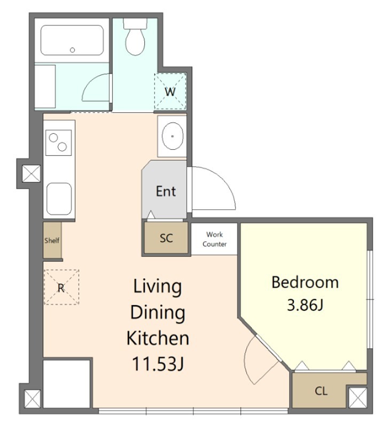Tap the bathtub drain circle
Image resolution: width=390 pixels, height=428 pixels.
pyautogui.click(x=72, y=50)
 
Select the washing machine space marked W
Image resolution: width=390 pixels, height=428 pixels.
pyautogui.click(x=170, y=91)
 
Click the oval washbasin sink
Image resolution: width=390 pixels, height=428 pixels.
pyautogui.click(x=172, y=136)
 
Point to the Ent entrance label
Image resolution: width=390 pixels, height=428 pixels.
pyautogui.click(x=166, y=191)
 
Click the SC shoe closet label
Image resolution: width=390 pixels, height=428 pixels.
pyautogui.click(x=166, y=238)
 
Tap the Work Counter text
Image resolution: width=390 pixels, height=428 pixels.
pyautogui.click(x=214, y=239)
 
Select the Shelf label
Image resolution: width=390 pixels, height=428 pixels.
pyautogui.click(x=52, y=240)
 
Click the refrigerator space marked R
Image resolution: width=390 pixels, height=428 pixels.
pyautogui.click(x=61, y=287)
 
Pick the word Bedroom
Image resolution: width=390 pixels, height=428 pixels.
pyautogui.click(x=305, y=282)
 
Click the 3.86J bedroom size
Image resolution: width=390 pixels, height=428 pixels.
pyautogui.click(x=305, y=305)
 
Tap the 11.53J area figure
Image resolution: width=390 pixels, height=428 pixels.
pyautogui.click(x=158, y=364)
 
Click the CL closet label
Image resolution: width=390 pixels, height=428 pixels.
pyautogui.click(x=321, y=391)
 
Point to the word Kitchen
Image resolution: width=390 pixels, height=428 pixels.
pyautogui.click(x=158, y=338)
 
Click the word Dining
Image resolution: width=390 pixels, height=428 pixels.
pyautogui.click(x=158, y=313)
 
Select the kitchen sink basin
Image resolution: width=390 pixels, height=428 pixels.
pyautogui.click(x=59, y=198)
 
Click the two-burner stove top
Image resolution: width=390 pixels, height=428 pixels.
pyautogui.click(x=59, y=142)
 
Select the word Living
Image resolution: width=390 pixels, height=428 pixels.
pyautogui.click(x=158, y=287)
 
